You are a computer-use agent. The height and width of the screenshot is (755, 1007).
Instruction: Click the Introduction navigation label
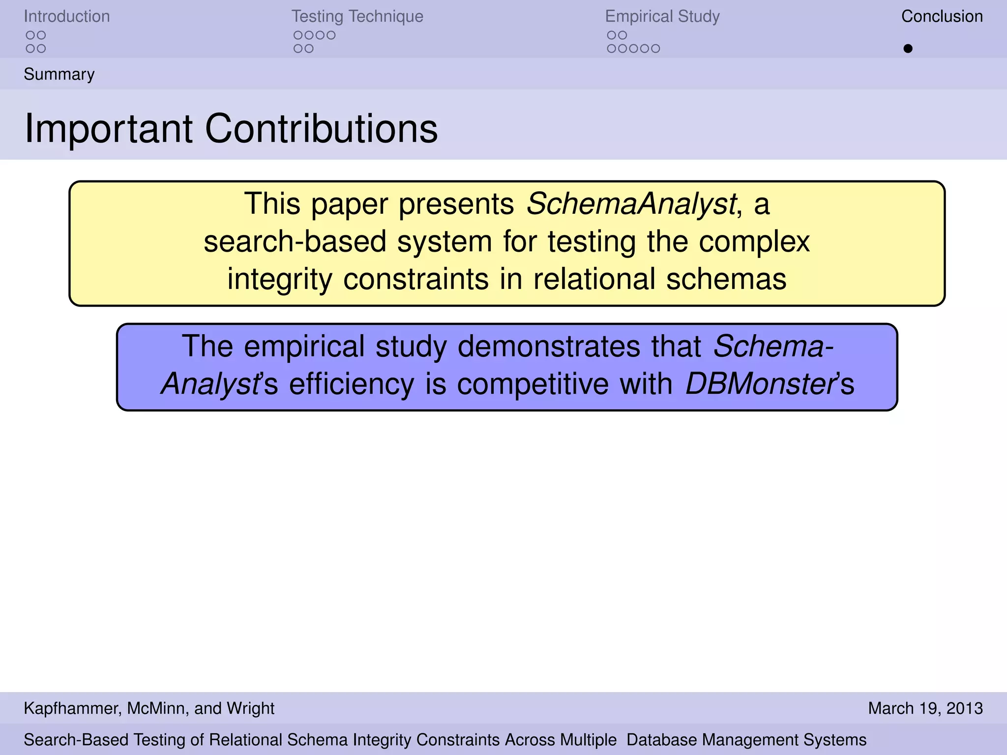point(67,17)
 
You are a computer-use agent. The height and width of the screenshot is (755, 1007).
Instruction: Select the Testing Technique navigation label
point(357,17)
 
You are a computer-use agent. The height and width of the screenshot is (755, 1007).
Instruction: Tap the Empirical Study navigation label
point(662,17)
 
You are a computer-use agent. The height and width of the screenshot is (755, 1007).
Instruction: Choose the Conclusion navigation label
point(942,17)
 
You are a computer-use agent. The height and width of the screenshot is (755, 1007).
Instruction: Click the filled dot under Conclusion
point(908,49)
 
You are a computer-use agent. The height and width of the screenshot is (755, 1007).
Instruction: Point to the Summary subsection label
point(59,74)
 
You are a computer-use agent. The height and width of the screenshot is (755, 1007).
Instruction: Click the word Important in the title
point(109,129)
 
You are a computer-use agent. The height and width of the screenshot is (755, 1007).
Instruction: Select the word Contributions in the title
point(321,129)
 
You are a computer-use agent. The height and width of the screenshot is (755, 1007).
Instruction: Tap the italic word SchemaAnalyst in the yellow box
point(631,203)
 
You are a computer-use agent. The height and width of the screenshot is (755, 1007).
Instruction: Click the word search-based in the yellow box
point(295,242)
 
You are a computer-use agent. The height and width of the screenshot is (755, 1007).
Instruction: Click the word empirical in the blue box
point(304,347)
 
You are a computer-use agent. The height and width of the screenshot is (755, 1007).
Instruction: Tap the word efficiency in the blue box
point(352,384)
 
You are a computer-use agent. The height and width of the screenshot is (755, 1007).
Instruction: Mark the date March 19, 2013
point(925,708)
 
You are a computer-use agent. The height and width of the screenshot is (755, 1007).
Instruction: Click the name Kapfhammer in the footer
point(71,708)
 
